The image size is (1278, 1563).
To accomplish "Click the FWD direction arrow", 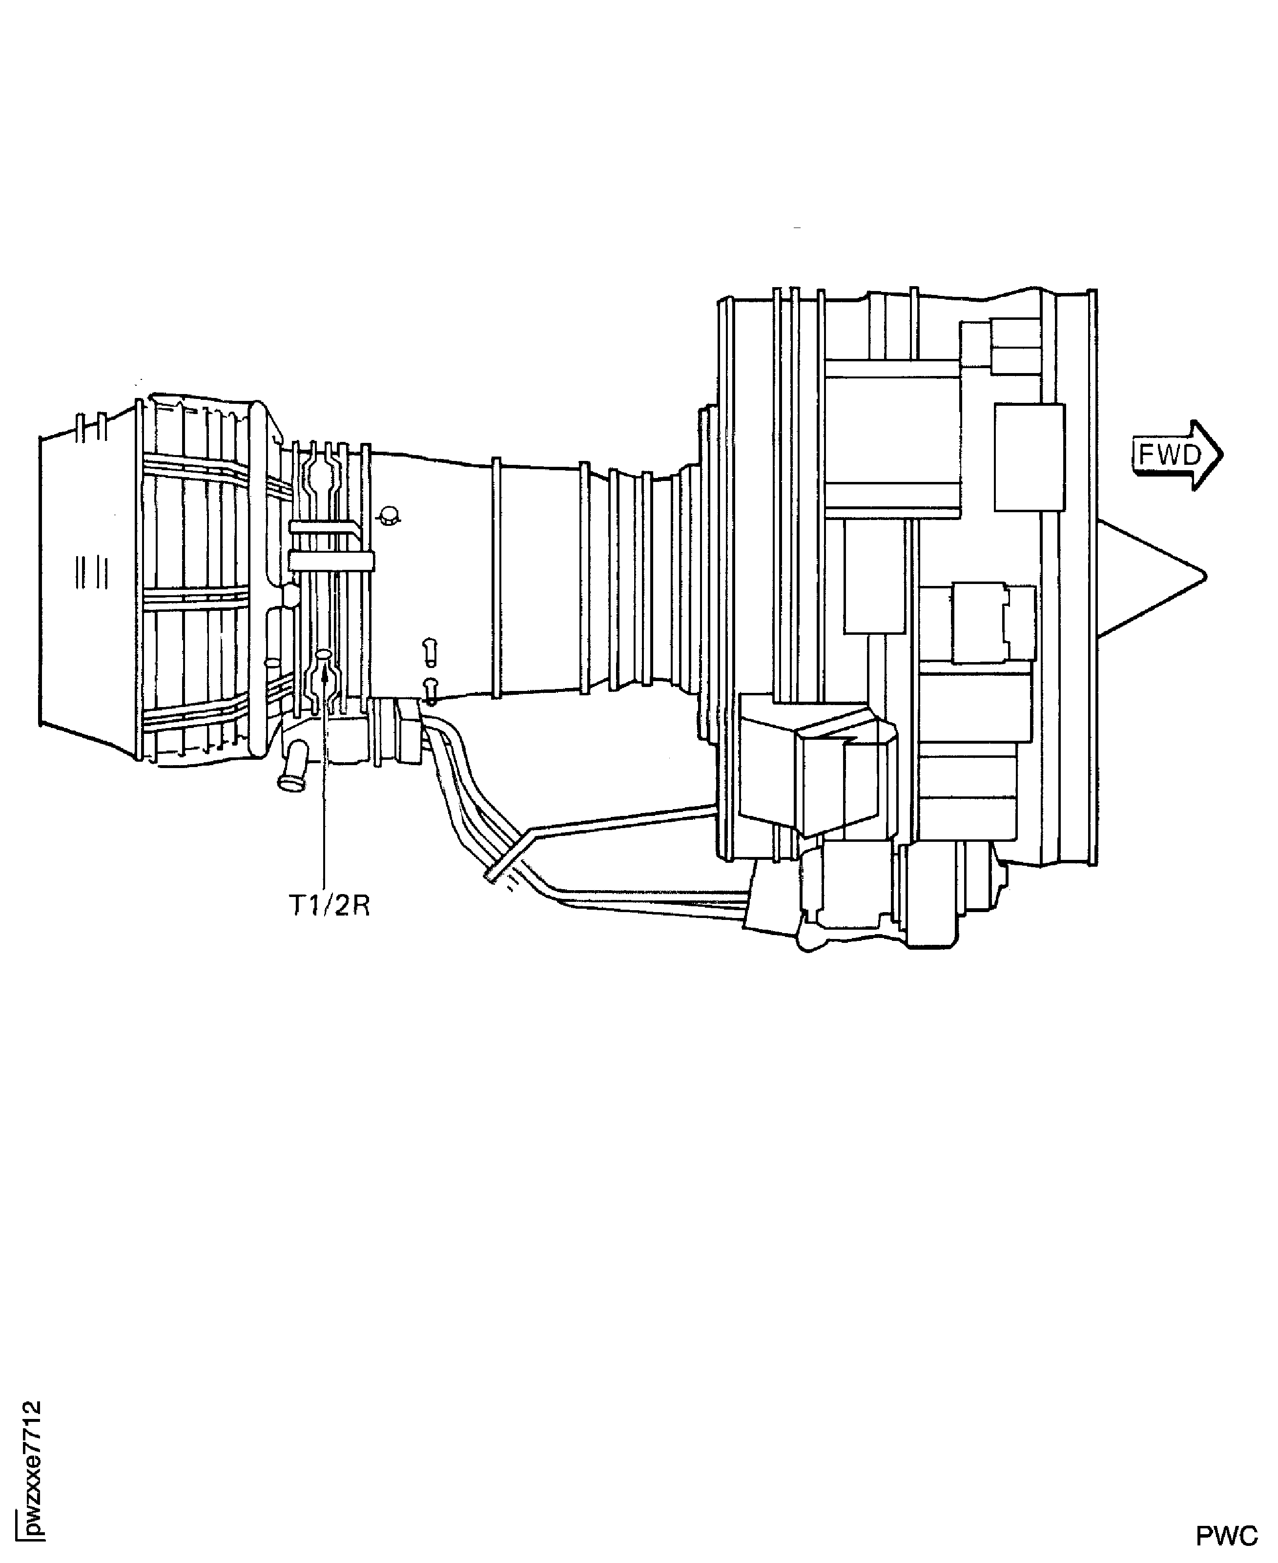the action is click(x=1176, y=455).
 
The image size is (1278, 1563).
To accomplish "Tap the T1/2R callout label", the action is click(x=329, y=906).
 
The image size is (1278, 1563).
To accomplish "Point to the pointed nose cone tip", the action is click(x=1205, y=576).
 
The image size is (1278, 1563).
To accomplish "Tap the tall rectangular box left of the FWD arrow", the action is click(x=1029, y=457).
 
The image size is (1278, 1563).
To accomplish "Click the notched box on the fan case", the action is click(x=993, y=624).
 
